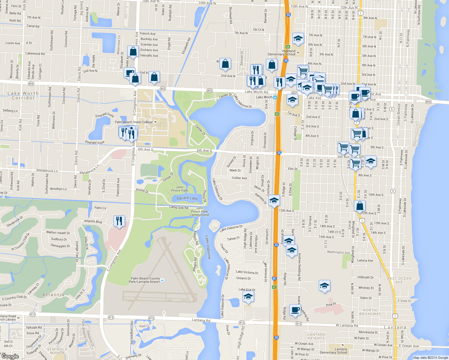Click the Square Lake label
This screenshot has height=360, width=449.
187,198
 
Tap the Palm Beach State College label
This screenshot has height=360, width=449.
134,122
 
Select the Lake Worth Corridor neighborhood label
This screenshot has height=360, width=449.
23,96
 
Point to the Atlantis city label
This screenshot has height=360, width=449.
53,295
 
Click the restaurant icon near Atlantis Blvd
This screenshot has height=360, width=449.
119,221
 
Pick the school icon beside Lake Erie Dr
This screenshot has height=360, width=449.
248,297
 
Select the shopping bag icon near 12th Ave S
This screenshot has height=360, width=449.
360,206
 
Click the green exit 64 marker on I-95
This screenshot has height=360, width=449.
288,47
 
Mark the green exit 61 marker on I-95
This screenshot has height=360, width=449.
274,287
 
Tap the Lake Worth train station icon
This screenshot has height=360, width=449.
275,97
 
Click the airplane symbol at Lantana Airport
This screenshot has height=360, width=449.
162,280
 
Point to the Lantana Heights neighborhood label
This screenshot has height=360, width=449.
316,336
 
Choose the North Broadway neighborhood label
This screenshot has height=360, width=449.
370,312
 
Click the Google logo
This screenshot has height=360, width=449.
10,356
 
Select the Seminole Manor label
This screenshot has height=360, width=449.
57,351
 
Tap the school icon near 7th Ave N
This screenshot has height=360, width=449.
298,39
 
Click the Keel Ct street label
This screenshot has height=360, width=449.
144,326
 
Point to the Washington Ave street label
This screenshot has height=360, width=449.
338,252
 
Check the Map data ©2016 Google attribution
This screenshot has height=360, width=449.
430,358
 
